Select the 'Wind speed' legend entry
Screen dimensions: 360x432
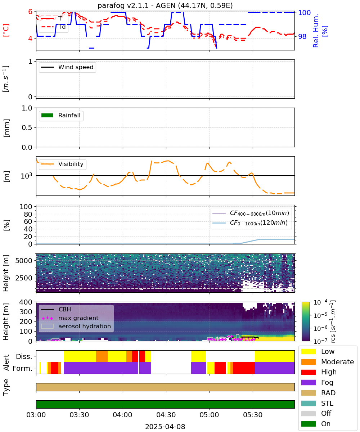[67, 67]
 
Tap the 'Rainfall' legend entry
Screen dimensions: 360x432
[61, 115]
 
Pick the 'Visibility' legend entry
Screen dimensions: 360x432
[62, 164]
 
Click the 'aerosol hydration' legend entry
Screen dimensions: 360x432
[76, 326]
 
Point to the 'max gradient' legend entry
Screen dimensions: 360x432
[70, 318]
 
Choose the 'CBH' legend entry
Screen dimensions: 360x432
[56, 309]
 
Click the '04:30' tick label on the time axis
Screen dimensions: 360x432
[166, 415]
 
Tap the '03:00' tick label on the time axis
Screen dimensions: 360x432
[36, 415]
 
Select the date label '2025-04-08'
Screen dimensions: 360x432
[165, 427]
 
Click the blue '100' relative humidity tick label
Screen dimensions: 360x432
[304, 13]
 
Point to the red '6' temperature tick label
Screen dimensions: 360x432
[30, 12]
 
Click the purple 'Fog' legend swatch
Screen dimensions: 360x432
[308, 382]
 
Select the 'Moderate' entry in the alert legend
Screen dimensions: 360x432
[328, 362]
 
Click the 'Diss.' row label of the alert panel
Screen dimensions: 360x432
[24, 356]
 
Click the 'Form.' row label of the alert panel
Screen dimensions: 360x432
[23, 368]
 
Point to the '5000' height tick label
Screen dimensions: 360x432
[24, 261]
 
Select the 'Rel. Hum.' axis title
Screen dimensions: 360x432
[316, 31]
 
